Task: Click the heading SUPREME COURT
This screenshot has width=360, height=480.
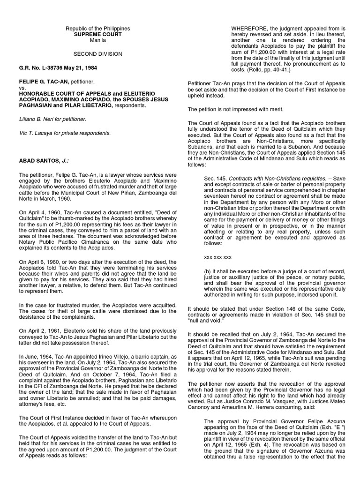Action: [98, 35]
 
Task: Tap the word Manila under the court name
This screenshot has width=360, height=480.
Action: [98, 41]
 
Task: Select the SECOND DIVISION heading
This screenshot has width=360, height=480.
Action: [98, 54]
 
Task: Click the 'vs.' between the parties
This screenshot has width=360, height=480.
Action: [22, 87]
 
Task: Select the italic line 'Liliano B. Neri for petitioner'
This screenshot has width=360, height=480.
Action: [52, 119]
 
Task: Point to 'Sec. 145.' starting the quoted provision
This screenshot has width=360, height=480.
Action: [216, 179]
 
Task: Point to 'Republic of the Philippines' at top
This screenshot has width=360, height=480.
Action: [98, 29]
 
